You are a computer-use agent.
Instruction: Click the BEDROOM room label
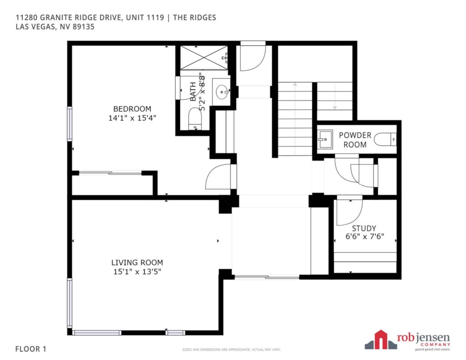132,109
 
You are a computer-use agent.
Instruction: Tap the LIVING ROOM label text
137,263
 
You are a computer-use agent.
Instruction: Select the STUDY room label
364,228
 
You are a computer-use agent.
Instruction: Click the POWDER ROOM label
355,140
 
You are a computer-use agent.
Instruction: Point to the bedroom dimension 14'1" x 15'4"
132,118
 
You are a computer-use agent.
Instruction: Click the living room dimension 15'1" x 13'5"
137,272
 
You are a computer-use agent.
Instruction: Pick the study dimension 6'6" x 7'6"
365,237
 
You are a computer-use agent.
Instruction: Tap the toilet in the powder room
385,139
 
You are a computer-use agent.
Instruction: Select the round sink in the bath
222,91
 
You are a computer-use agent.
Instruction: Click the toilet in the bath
195,119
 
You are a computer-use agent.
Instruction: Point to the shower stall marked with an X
204,58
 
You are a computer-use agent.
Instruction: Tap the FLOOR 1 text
31,349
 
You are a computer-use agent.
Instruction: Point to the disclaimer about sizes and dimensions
232,350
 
